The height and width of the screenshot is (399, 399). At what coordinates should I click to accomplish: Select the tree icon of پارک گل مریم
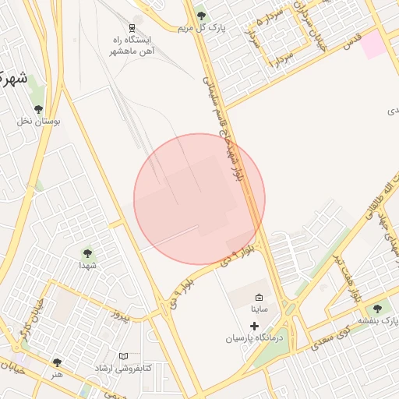coord(202,15)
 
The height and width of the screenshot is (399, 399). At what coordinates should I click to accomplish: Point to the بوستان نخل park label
coord(39,121)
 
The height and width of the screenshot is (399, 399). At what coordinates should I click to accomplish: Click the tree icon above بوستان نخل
coord(39,108)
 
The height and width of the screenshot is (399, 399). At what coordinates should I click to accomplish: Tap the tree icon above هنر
coord(57,362)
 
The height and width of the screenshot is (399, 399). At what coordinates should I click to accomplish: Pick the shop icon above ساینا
coord(259,297)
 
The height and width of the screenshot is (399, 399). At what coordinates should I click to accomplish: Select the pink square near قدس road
coord(373,44)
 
